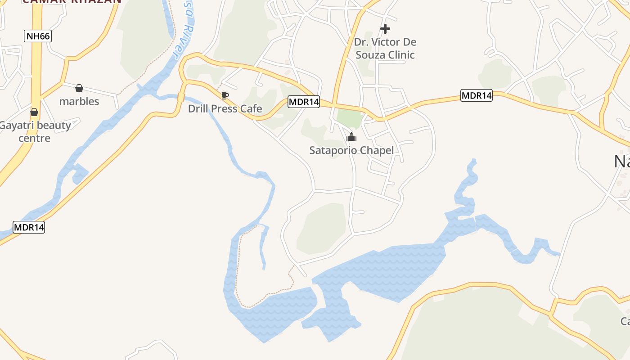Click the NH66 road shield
[x=38, y=36]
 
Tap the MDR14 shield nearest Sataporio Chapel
[x=304, y=102]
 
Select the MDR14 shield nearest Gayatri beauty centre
[x=29, y=227]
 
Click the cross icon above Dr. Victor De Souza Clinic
[x=385, y=29]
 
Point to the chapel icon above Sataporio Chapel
[x=351, y=137]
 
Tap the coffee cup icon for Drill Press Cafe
[x=225, y=95]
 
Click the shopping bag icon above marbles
[x=79, y=88]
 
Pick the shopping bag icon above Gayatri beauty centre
[x=34, y=112]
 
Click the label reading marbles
[x=79, y=101]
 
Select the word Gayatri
[x=17, y=125]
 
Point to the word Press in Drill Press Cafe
[x=225, y=109]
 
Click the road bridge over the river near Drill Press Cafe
[x=181, y=96]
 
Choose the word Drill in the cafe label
[x=198, y=109]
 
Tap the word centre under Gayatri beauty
[x=34, y=138]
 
